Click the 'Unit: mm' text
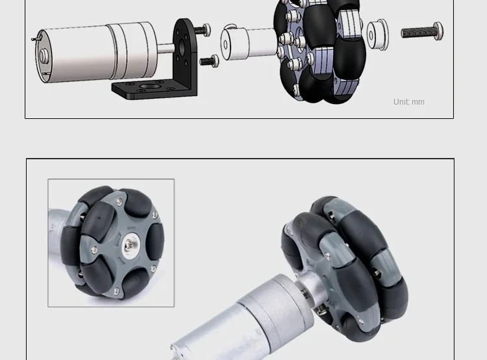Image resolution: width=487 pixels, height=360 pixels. (408, 102)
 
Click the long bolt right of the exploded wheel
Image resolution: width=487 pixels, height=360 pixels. (422, 31)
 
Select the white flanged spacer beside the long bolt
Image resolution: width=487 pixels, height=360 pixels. (377, 34)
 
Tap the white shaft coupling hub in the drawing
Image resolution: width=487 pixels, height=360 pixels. (249, 43)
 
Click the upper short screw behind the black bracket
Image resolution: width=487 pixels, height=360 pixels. (203, 30)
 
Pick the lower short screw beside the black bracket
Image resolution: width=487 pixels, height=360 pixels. (209, 60)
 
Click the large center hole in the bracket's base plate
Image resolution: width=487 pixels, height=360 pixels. (150, 86)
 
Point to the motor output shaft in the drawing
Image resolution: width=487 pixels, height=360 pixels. (166, 48)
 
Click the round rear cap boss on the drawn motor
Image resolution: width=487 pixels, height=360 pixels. (44, 56)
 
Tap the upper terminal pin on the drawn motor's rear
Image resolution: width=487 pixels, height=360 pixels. (36, 38)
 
